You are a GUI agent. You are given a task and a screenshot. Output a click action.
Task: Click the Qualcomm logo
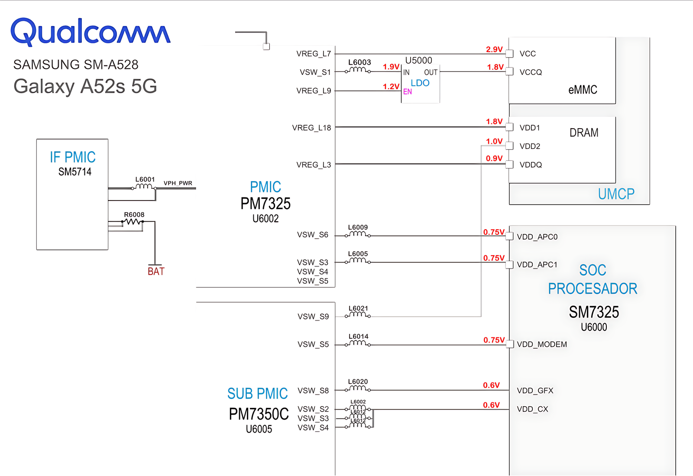(x=90, y=32)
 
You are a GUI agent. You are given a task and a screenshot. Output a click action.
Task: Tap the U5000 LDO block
(x=420, y=82)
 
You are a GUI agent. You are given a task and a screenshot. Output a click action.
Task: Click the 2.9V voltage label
(x=494, y=49)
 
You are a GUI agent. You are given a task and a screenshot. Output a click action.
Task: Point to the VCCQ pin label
(x=531, y=72)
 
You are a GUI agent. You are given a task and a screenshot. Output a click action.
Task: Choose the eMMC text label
(x=583, y=90)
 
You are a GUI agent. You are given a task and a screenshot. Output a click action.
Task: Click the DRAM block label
(x=584, y=133)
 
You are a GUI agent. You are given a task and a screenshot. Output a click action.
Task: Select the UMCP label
(x=616, y=194)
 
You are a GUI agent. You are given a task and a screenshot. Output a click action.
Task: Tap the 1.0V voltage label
(x=494, y=141)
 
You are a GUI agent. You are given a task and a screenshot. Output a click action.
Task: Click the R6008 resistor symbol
(x=133, y=222)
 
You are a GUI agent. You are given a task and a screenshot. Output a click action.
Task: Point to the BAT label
(x=156, y=272)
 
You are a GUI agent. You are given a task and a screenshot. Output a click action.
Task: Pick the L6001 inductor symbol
(x=144, y=187)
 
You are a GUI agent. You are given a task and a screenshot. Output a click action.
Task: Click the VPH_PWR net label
(x=178, y=183)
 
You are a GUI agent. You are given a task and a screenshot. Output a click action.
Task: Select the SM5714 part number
(x=75, y=172)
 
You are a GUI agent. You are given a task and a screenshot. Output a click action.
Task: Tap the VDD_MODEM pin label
(x=541, y=344)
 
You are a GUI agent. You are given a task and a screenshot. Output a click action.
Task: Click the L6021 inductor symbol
(x=358, y=315)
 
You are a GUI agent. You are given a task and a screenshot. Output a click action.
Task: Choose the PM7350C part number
(x=259, y=414)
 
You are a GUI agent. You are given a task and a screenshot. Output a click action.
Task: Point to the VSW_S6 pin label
(x=313, y=235)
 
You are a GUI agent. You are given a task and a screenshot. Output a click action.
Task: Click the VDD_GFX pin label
(x=535, y=391)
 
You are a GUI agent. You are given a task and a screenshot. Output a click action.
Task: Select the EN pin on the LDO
(x=408, y=92)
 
